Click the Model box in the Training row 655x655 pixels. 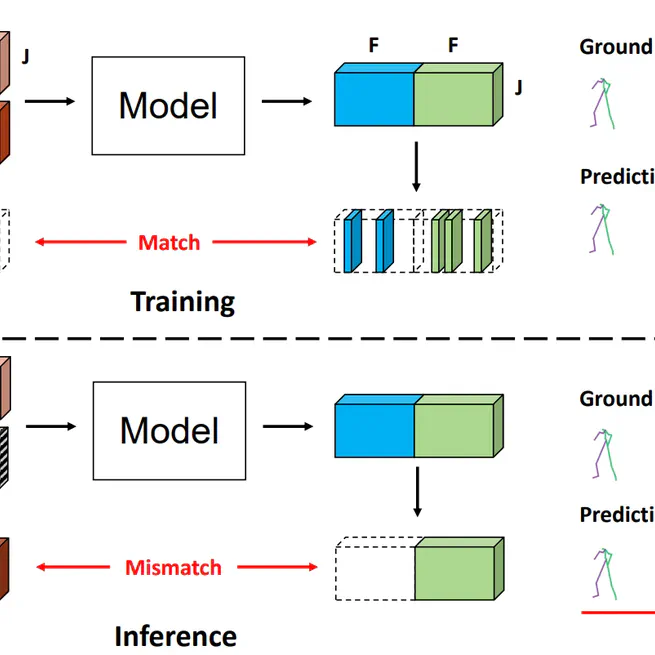[x=168, y=104]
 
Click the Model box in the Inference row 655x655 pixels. [x=168, y=429]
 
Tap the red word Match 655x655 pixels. [x=168, y=242]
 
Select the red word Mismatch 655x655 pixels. [x=173, y=567]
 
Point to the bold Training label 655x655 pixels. [x=183, y=300]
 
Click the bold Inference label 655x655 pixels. [x=176, y=635]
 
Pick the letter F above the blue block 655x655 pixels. [x=372, y=45]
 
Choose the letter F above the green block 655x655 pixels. [x=454, y=45]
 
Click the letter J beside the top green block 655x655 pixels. [x=519, y=88]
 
